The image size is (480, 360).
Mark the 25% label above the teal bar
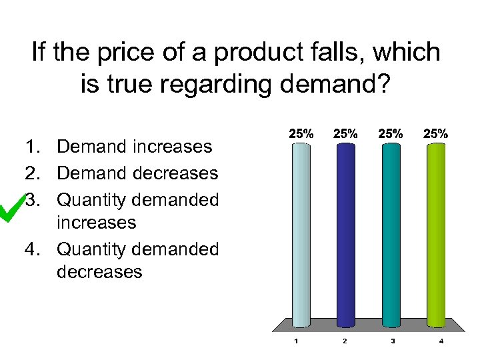391,133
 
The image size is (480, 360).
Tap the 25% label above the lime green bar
436,133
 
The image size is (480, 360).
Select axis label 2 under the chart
344,341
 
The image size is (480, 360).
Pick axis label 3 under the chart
393,341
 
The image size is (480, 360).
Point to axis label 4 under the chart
441,341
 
